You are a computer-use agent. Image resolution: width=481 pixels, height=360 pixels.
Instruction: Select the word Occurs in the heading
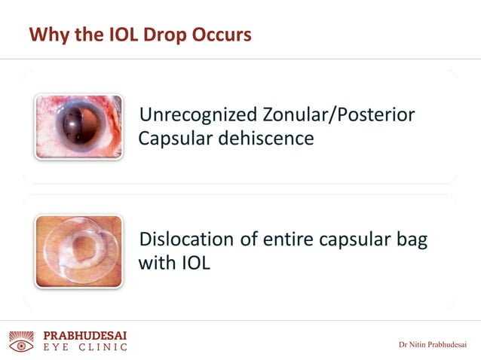click(x=222, y=35)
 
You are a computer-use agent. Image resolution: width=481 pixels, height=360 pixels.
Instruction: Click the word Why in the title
click(x=48, y=35)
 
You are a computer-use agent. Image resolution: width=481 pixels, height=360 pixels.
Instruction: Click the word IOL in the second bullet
click(x=194, y=264)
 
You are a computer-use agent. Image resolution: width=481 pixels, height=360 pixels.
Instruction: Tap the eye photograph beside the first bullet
click(x=78, y=126)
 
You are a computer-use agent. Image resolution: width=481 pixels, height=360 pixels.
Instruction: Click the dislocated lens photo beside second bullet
click(x=78, y=251)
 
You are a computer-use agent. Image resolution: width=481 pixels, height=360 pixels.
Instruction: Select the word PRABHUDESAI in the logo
click(x=85, y=334)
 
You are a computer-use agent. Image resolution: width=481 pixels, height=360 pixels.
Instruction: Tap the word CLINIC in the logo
click(x=103, y=347)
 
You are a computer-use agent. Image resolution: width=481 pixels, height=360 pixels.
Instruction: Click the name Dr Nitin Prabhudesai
click(x=433, y=345)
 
